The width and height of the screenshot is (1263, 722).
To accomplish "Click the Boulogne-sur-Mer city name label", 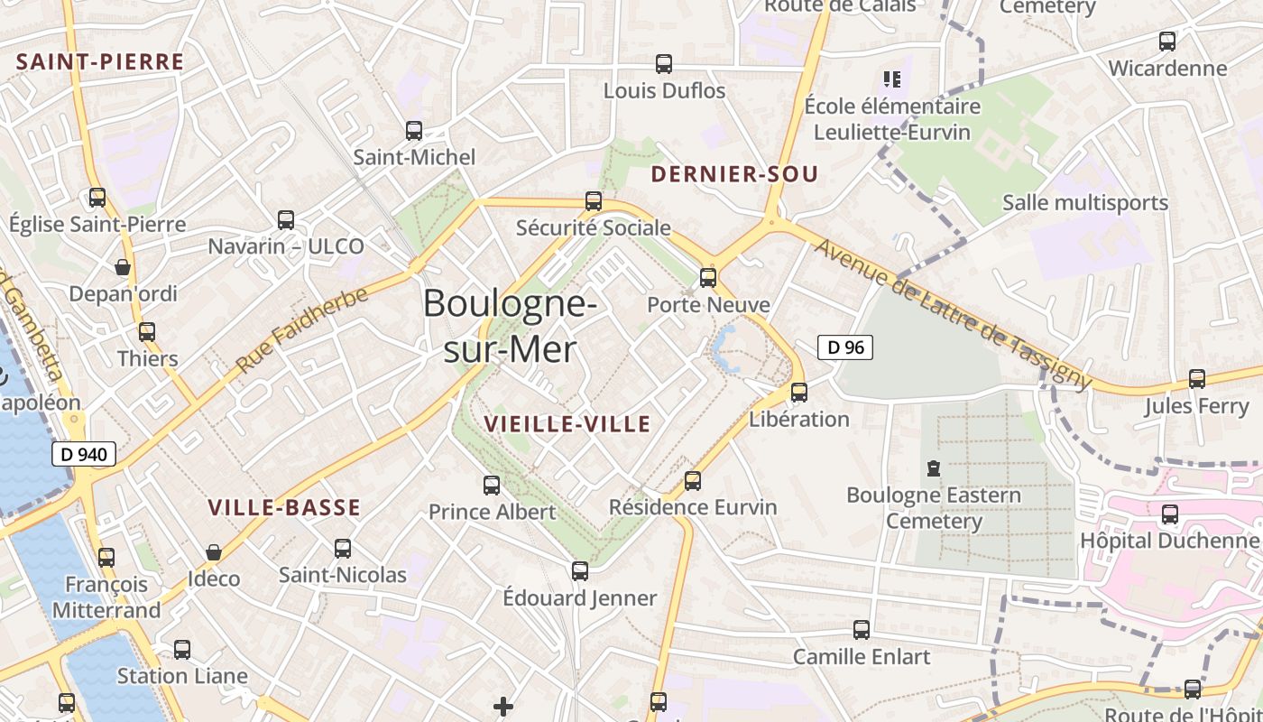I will pyautogui.click(x=510, y=325).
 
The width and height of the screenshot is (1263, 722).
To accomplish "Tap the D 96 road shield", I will pyautogui.click(x=845, y=347).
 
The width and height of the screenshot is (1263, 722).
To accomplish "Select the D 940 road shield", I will pyautogui.click(x=85, y=454).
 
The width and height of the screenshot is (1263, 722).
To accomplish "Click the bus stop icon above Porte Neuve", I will pyautogui.click(x=708, y=277).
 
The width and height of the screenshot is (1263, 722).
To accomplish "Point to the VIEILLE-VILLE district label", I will pyautogui.click(x=567, y=424).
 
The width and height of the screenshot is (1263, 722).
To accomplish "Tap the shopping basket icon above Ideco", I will pyautogui.click(x=214, y=552).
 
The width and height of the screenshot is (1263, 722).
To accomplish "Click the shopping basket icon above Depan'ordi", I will pyautogui.click(x=123, y=267).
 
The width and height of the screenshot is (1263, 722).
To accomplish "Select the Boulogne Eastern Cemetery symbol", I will pyautogui.click(x=933, y=468).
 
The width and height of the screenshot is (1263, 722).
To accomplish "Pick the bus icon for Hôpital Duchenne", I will pyautogui.click(x=1170, y=514).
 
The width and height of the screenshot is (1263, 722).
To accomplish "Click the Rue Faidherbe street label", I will pyautogui.click(x=302, y=330).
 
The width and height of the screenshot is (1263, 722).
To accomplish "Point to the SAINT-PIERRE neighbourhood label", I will pyautogui.click(x=100, y=62).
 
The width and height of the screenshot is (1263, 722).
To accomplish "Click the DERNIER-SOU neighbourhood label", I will pyautogui.click(x=734, y=174).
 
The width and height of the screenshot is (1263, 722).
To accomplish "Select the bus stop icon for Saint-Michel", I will pyautogui.click(x=414, y=131).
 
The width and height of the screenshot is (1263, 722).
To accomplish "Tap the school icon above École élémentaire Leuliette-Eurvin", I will pyautogui.click(x=892, y=79).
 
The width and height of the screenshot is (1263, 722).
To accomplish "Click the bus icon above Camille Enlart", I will pyautogui.click(x=862, y=630).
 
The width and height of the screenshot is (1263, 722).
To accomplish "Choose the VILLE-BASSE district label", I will pyautogui.click(x=284, y=508).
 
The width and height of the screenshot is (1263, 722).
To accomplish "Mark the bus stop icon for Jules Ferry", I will pyautogui.click(x=1197, y=379).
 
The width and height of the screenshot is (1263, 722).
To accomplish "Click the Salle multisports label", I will pyautogui.click(x=1085, y=203).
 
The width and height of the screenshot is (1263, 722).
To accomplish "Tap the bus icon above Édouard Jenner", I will pyautogui.click(x=580, y=571).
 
